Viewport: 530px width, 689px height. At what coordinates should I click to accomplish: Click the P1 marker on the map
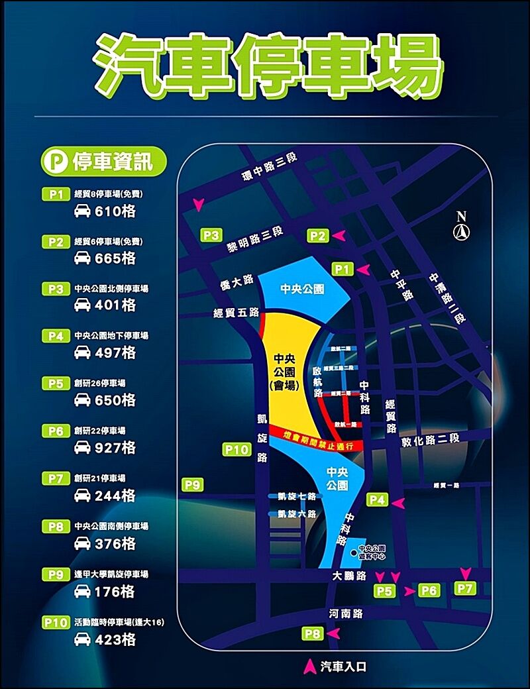pyautogui.click(x=342, y=268)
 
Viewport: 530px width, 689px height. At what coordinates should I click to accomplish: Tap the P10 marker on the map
pyautogui.click(x=237, y=450)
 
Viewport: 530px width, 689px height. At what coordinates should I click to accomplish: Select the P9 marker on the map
pyautogui.click(x=192, y=485)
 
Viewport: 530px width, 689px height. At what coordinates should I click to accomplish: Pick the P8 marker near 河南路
pyautogui.click(x=313, y=634)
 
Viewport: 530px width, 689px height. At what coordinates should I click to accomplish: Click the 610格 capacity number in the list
pyautogui.click(x=115, y=211)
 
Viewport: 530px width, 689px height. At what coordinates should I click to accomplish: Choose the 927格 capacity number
pyautogui.click(x=115, y=448)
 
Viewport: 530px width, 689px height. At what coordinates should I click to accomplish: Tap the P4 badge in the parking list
pyautogui.click(x=56, y=336)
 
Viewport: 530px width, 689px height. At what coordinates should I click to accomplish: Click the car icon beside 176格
pyautogui.click(x=82, y=592)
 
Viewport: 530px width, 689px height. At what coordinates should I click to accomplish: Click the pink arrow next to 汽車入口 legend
pyautogui.click(x=309, y=665)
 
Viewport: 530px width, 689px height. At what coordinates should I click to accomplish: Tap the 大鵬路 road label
pyautogui.click(x=349, y=576)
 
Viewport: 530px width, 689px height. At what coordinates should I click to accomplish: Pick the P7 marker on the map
pyautogui.click(x=466, y=588)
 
